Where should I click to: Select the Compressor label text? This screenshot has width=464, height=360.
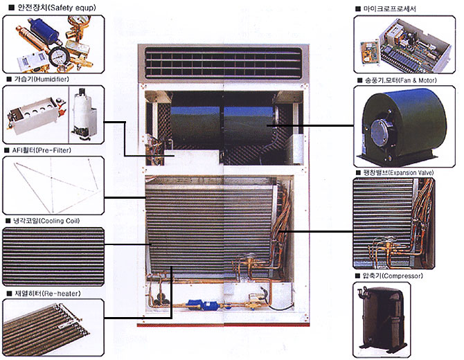point(392,276)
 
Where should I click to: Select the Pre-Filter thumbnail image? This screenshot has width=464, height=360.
point(53,185)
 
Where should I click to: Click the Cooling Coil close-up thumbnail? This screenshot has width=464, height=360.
point(53,255)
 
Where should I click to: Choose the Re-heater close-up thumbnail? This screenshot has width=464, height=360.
point(53,327)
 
